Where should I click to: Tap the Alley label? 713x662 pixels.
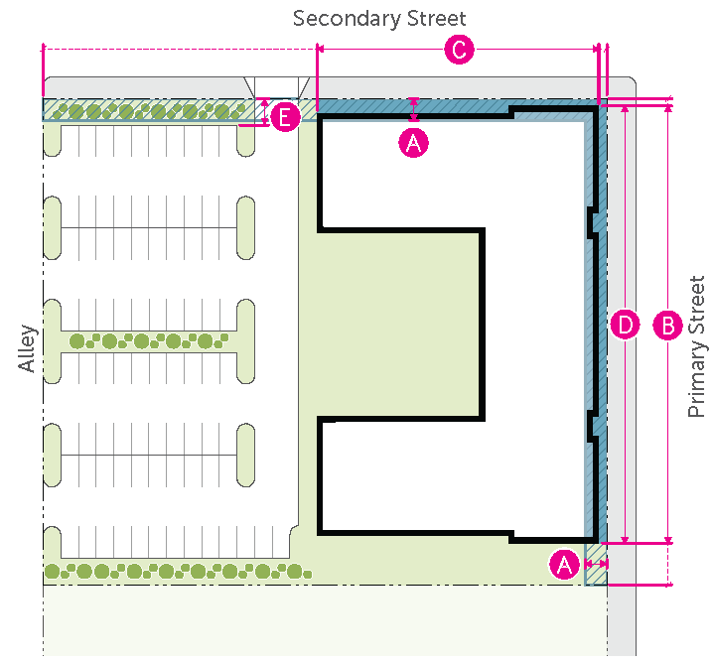(x=27, y=348)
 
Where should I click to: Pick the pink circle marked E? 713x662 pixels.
(x=285, y=118)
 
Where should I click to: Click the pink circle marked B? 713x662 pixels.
(x=667, y=325)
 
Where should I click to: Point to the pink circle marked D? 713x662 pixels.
(x=625, y=325)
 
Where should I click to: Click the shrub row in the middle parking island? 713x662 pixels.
(x=149, y=341)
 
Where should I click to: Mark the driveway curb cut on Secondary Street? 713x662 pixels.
(x=277, y=86)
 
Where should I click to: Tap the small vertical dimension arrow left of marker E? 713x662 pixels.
(x=263, y=112)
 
